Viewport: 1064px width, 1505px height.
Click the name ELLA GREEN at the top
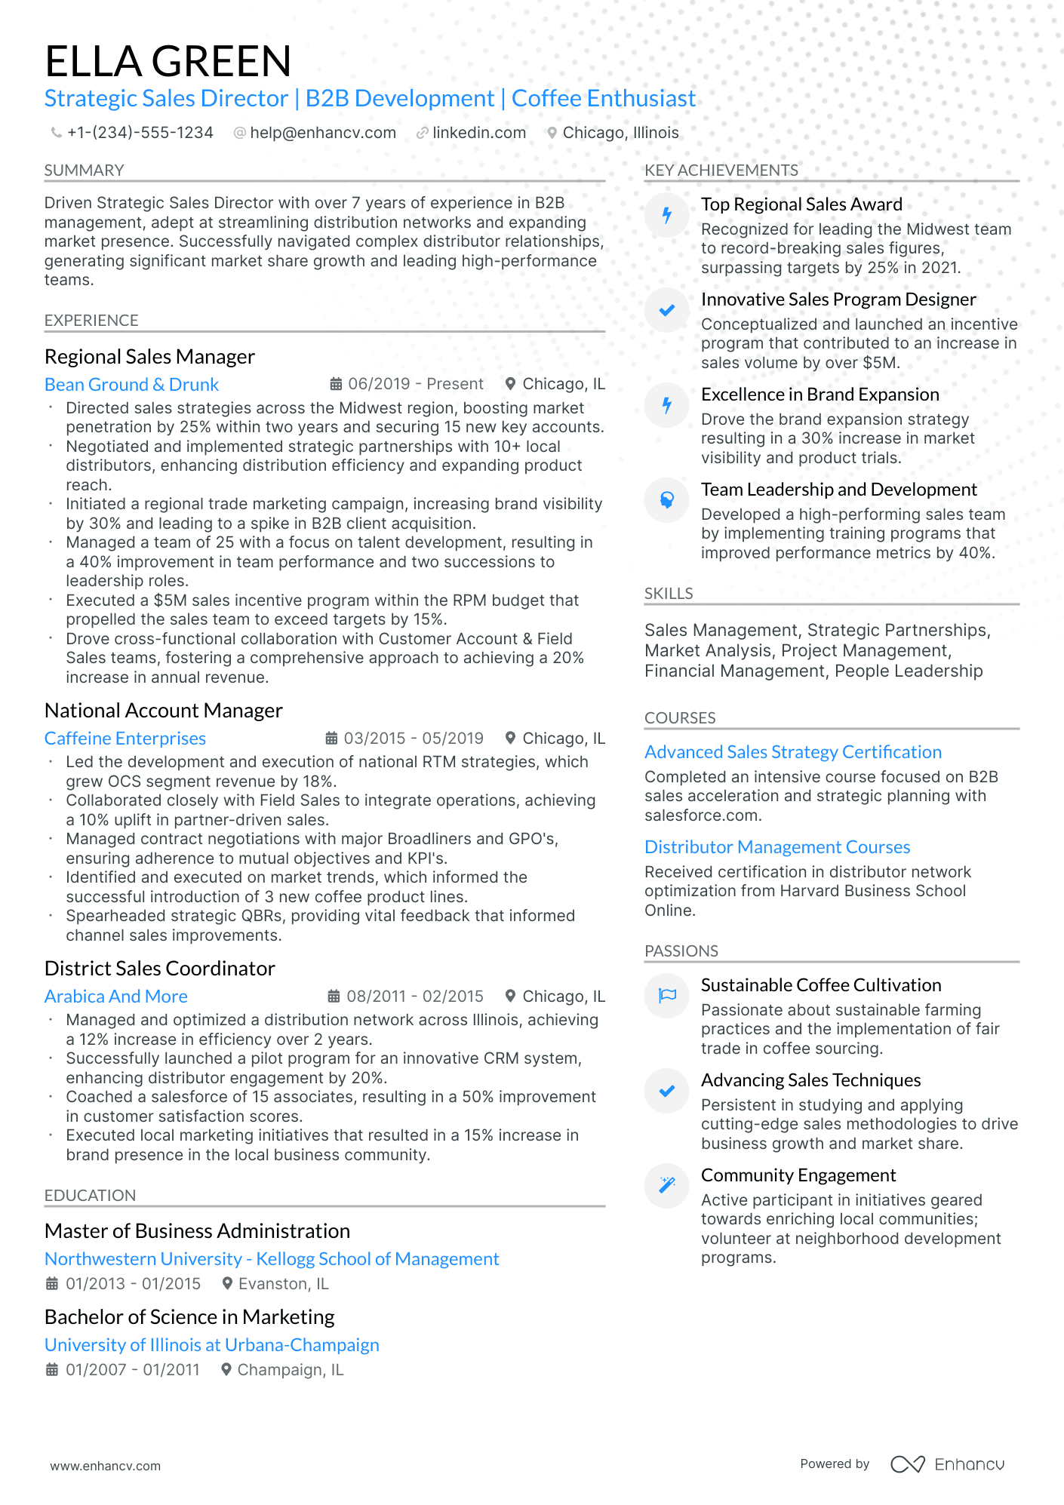168,61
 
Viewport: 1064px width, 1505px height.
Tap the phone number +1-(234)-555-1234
140,133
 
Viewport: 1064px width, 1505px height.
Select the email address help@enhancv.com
322,133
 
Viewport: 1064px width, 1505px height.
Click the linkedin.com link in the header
478,133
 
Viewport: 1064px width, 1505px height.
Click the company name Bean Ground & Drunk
131,385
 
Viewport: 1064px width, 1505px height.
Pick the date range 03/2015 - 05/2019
413,739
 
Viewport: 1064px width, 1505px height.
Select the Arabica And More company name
115,997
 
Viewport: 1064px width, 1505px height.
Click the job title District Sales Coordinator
159,969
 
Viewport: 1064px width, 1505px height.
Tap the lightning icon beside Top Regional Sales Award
667,215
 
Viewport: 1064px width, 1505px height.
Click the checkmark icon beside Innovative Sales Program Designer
667,310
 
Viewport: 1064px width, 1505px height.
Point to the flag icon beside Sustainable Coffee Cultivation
667,996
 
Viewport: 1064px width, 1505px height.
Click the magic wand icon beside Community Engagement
667,1185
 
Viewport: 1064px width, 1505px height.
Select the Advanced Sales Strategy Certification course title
792,752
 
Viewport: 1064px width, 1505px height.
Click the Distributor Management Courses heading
776,847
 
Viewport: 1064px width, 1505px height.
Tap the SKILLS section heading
669,594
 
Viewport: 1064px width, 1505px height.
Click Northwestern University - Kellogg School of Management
272,1259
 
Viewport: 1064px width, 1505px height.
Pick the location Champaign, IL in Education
290,1370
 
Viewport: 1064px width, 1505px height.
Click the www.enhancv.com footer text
105,1466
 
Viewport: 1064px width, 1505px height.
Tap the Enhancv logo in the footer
948,1464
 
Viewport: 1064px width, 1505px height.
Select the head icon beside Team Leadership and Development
667,500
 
